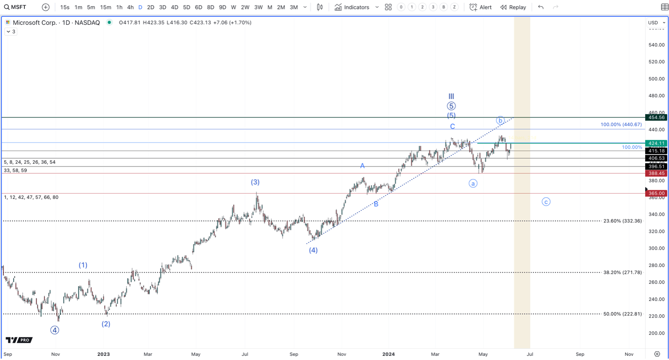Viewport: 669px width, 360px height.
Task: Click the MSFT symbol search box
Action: tap(15, 7)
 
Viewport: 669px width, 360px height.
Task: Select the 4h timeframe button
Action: tap(130, 7)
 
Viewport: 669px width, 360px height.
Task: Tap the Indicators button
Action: tap(352, 7)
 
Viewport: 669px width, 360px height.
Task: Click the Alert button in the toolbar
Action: tap(480, 7)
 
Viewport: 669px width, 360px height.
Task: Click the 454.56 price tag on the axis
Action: tap(656, 117)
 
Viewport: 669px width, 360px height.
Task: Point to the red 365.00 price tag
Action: tap(656, 193)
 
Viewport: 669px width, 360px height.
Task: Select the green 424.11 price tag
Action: tap(656, 143)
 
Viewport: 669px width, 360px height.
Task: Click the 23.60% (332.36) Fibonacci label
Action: tap(622, 221)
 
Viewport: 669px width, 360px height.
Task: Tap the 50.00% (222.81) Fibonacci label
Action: tap(622, 314)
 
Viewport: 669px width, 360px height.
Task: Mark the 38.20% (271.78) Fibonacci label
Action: tap(622, 272)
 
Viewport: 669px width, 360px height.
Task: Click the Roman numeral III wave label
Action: tap(451, 96)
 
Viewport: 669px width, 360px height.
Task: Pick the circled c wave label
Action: tap(546, 202)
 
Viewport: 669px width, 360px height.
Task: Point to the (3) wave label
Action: tap(255, 182)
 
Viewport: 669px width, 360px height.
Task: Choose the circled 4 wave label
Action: tap(55, 330)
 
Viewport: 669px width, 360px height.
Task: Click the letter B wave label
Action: tap(376, 204)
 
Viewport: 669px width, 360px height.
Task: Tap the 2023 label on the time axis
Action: tap(103, 354)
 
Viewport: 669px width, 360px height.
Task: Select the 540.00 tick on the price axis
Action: tap(656, 45)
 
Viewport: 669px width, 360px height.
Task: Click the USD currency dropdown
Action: tap(656, 23)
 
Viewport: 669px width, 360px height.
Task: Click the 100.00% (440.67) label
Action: tap(621, 124)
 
